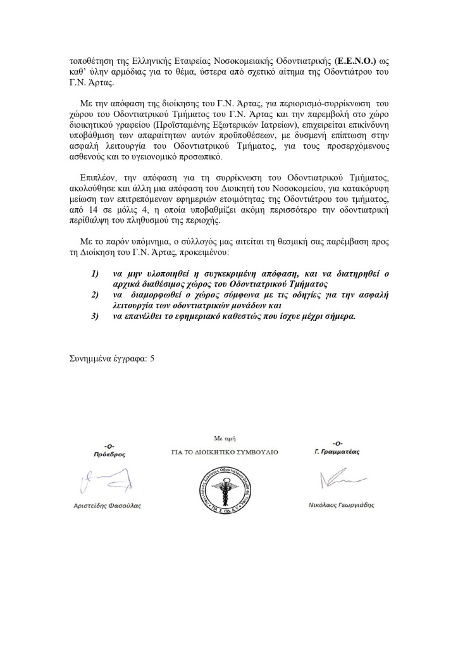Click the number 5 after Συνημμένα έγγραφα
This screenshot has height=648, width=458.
tap(152, 359)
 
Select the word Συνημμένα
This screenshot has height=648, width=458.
tap(92, 359)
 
